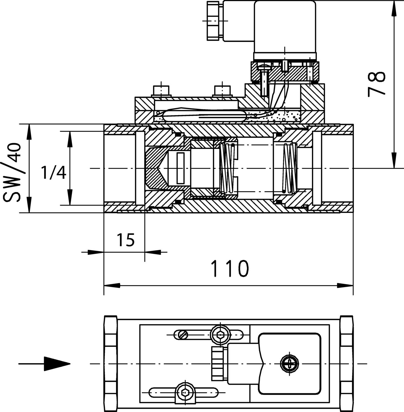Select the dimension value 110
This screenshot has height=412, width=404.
tap(230, 268)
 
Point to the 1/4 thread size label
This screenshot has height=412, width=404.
tap(54, 173)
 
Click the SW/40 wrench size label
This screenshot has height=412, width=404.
tap(12, 172)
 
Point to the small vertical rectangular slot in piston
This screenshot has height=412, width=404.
tap(181, 168)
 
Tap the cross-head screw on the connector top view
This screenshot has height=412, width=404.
tap(290, 364)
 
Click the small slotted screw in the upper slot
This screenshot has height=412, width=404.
tap(183, 335)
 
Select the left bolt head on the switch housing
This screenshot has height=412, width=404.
tap(161, 91)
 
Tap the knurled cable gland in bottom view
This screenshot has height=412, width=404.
tap(218, 364)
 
